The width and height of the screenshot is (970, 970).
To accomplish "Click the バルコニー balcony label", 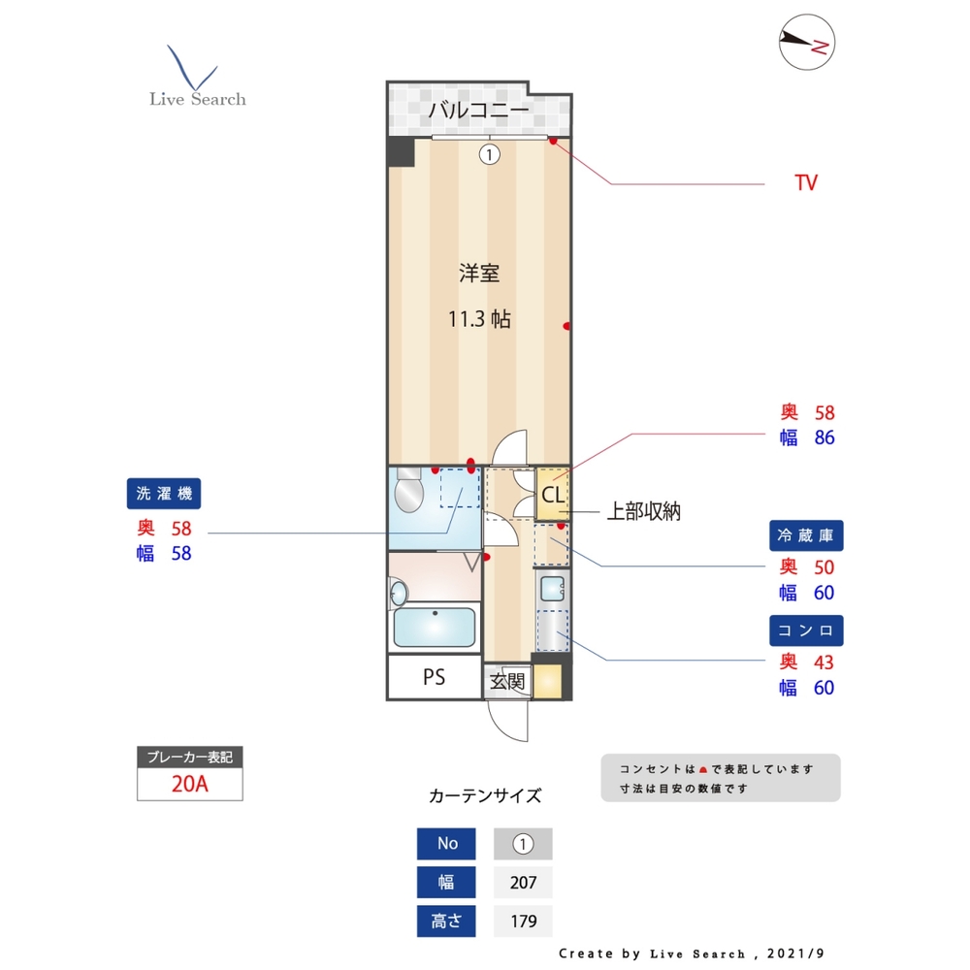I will coord(479,110).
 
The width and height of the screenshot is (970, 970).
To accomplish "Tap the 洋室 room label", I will coord(479,274).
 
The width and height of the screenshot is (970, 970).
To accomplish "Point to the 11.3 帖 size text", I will coord(479,319).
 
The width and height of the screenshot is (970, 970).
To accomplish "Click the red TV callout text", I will coord(805,182).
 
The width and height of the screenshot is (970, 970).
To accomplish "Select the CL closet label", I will coord(552,496).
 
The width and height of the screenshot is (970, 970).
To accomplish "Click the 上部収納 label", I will coord(643,511).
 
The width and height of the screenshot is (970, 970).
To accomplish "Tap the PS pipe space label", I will coord(434,677).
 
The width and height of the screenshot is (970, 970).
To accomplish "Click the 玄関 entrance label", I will coord(506,681).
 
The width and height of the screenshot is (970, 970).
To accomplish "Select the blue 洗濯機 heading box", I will coord(164,494).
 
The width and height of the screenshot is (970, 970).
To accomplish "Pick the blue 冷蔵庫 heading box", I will coord(806,535).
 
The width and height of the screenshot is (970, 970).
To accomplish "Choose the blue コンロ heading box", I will coord(806,630).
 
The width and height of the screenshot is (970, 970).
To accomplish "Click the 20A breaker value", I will coord(190,785).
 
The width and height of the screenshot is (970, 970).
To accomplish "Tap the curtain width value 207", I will coord(523,883).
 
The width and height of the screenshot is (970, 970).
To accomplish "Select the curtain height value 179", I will coord(523,921).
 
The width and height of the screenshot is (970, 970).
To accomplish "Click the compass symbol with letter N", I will coord(807,43).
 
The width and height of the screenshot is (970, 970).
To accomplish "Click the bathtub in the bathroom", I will coord(435,627).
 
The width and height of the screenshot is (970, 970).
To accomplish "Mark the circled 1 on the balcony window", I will coord(490,153).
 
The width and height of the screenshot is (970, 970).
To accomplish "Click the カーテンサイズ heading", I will coord(485,796).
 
